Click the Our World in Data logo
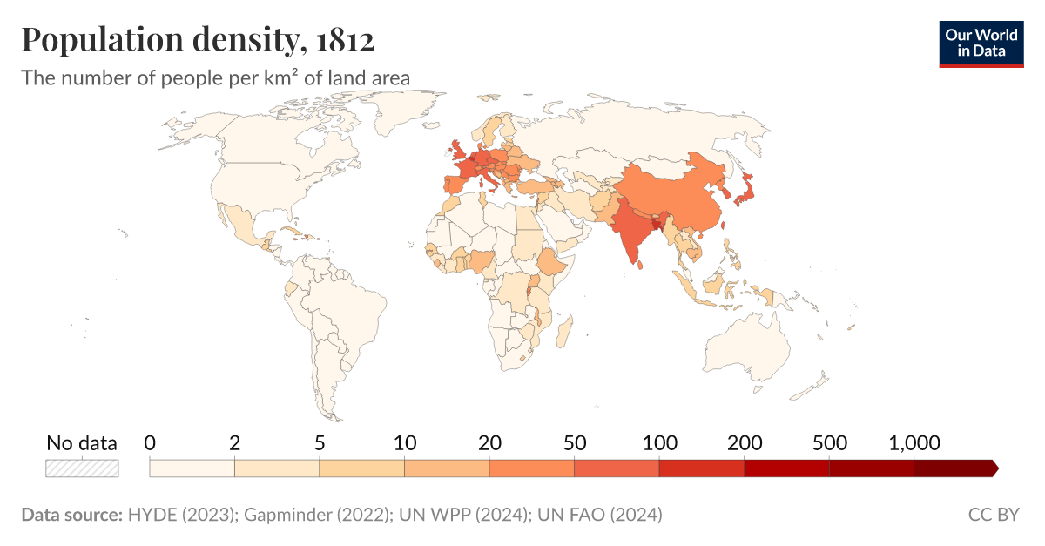981,43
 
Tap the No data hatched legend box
82,468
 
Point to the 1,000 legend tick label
914,442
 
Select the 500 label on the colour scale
829,442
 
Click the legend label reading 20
489,442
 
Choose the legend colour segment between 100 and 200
701,468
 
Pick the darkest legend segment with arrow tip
954,468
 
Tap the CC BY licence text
993,515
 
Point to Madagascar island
563,333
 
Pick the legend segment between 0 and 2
192,468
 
